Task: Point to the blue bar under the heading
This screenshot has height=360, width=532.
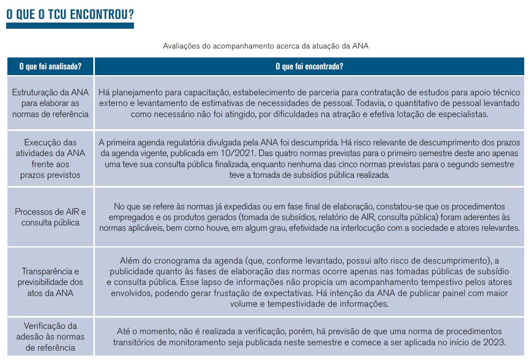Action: click(x=70, y=25)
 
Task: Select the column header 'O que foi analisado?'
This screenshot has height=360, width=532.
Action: click(x=51, y=66)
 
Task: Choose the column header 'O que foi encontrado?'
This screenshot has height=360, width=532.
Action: click(x=309, y=66)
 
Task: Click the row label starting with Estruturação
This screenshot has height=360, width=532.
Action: click(x=51, y=103)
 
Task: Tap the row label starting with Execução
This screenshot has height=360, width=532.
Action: click(x=51, y=159)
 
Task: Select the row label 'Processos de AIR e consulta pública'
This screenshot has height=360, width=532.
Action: click(x=51, y=217)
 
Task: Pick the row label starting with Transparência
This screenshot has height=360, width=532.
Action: click(x=51, y=282)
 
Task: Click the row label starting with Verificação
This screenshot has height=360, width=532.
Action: click(x=51, y=337)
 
